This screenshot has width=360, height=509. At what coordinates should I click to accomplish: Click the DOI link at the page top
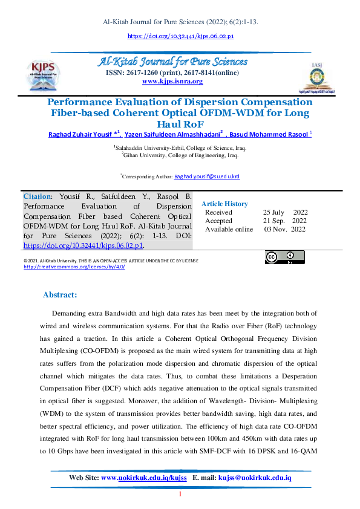[x=180, y=36]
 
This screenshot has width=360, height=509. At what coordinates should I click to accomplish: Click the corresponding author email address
[x=207, y=177]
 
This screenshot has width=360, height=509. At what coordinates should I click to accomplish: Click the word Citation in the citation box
[x=36, y=197]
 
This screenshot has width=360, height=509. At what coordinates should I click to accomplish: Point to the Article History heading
[x=224, y=204]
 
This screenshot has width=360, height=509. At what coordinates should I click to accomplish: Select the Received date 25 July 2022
[x=286, y=213]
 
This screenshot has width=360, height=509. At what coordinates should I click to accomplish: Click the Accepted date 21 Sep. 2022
[x=285, y=221]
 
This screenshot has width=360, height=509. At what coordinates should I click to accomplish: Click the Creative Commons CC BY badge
[x=284, y=258]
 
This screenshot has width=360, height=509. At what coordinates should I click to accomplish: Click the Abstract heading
[x=60, y=295]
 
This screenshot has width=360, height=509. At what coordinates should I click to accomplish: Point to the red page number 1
[x=180, y=496]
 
